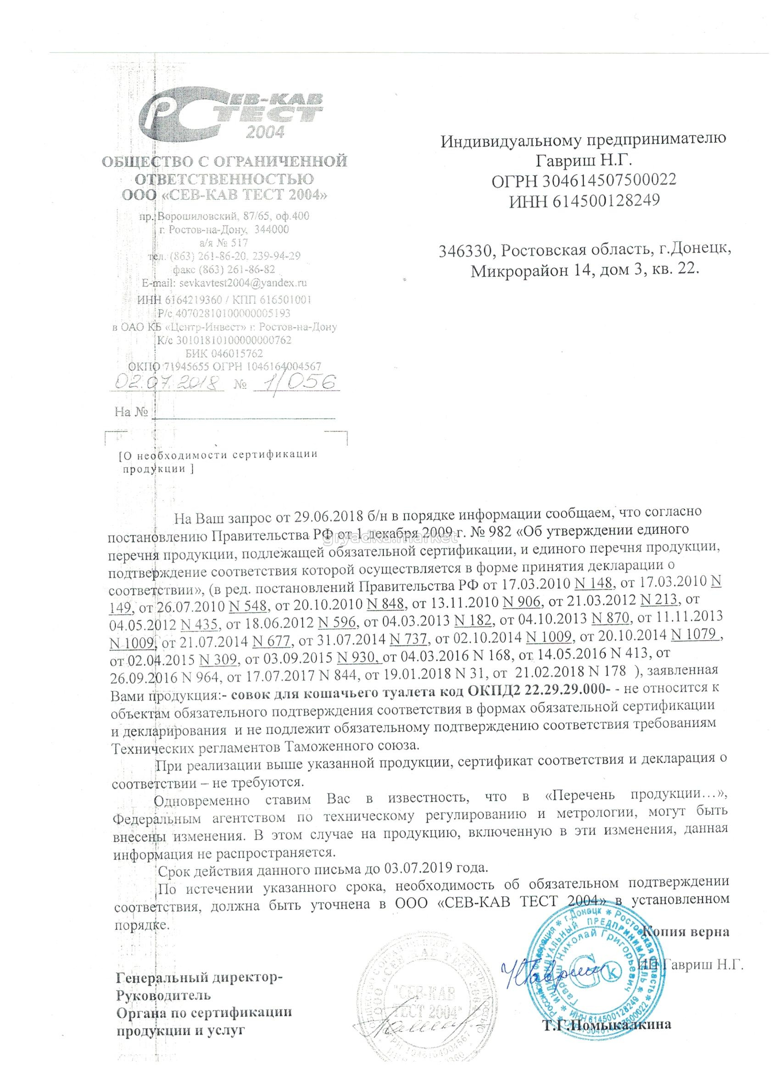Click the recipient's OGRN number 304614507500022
(610, 180)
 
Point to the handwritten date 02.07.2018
(166, 382)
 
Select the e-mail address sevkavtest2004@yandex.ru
(241, 283)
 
